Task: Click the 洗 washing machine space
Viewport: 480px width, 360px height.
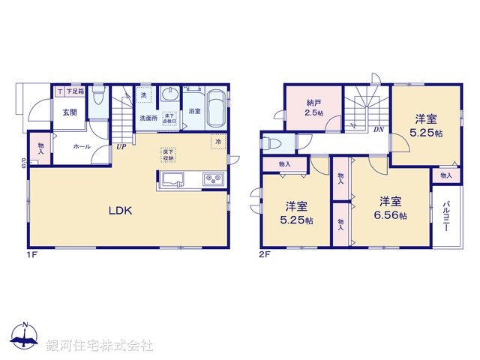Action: [x=144, y=96]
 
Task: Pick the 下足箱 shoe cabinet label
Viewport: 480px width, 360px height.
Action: [x=74, y=91]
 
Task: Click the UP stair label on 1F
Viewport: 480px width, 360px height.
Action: [x=120, y=146]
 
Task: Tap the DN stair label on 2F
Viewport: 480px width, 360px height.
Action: [x=378, y=128]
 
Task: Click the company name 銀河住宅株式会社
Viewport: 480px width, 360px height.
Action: [x=100, y=346]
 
